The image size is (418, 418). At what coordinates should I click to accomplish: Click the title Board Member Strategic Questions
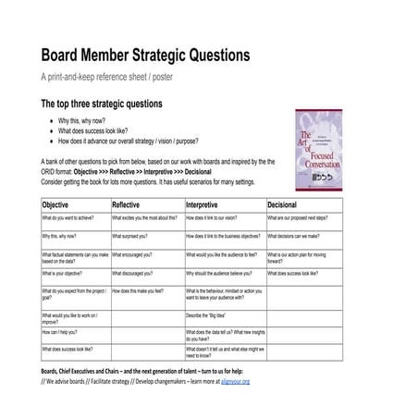tap(146, 55)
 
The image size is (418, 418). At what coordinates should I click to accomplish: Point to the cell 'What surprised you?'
tap(132, 236)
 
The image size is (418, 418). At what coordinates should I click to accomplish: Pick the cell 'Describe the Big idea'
tap(208, 315)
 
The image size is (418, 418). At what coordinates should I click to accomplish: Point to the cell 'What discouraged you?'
tap(135, 274)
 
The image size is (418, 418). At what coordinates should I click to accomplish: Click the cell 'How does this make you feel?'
tap(138, 290)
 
